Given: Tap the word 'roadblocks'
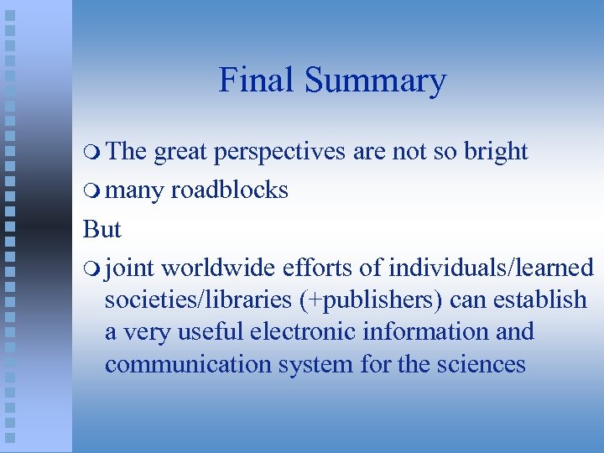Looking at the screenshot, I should (x=229, y=190).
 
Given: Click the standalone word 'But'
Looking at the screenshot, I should (x=102, y=229).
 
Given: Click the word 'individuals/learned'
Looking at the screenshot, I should (x=492, y=268).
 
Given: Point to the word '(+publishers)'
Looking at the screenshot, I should (x=369, y=299).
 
